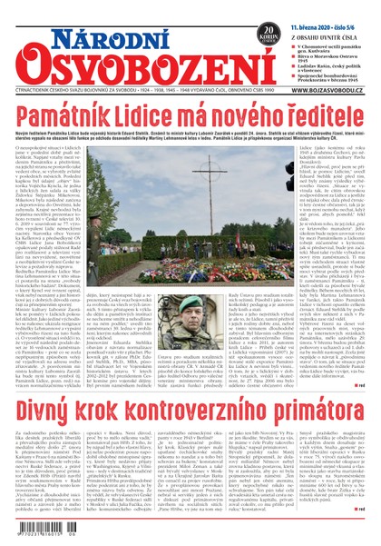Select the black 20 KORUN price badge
pos(269,35)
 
